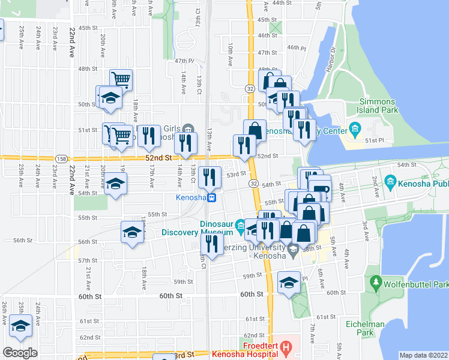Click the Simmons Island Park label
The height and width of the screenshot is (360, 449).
tap(379, 106)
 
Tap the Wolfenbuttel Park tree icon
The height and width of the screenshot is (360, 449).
tap(376, 281)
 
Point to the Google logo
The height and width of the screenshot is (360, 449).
tap(20, 353)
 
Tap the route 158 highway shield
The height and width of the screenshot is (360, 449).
tap(61, 158)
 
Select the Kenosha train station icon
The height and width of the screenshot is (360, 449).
tap(212, 198)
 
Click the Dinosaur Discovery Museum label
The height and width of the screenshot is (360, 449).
tap(204, 229)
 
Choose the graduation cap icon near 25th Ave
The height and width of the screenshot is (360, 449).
tap(21, 326)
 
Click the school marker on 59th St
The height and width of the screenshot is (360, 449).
tap(289, 282)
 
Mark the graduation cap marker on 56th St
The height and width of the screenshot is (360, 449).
tap(133, 232)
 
